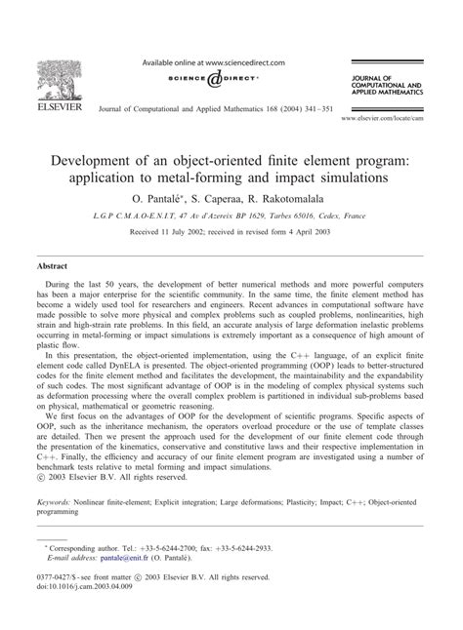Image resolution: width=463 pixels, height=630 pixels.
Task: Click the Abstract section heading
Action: [53, 264]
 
